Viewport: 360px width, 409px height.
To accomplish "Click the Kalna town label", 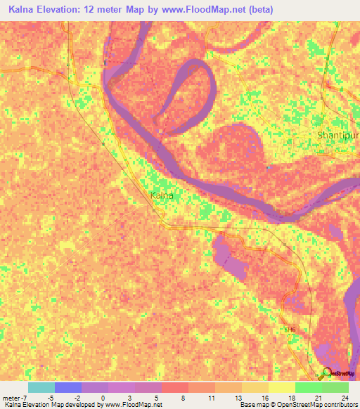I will (x=161, y=195).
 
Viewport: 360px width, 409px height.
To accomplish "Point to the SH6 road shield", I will (x=290, y=329).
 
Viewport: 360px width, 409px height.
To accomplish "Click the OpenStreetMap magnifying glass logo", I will (x=326, y=374).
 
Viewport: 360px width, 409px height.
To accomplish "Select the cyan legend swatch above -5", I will (x=41, y=387).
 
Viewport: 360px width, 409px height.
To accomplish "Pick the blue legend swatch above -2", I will (x=67, y=387).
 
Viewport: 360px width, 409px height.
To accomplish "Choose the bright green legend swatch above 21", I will (x=308, y=387).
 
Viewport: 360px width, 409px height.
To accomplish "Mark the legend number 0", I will (x=104, y=397).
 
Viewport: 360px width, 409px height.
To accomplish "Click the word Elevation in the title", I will (x=65, y=10).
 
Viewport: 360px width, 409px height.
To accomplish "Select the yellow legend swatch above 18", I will (x=281, y=387).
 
